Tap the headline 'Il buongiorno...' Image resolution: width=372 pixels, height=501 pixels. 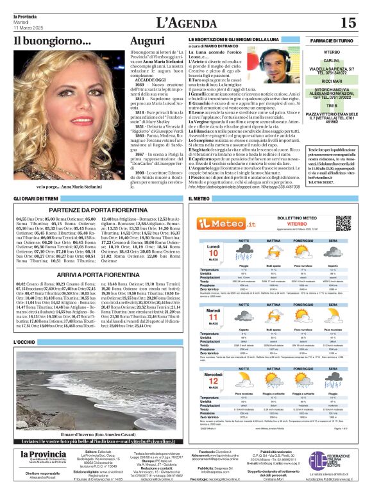tap(53, 42)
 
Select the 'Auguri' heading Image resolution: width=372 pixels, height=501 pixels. tap(147, 42)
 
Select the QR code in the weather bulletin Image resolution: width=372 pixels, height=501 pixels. tap(344, 223)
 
